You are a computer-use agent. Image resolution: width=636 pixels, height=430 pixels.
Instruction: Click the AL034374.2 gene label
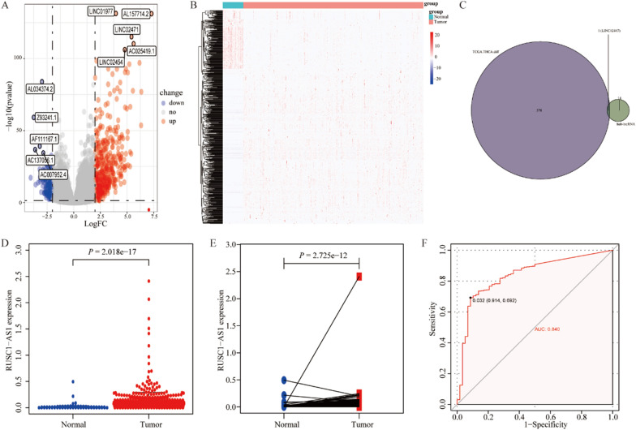click(x=41, y=88)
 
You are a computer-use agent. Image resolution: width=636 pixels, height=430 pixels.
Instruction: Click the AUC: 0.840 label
click(x=550, y=329)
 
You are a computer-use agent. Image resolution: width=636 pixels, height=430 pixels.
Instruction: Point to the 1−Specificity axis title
click(x=535, y=423)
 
